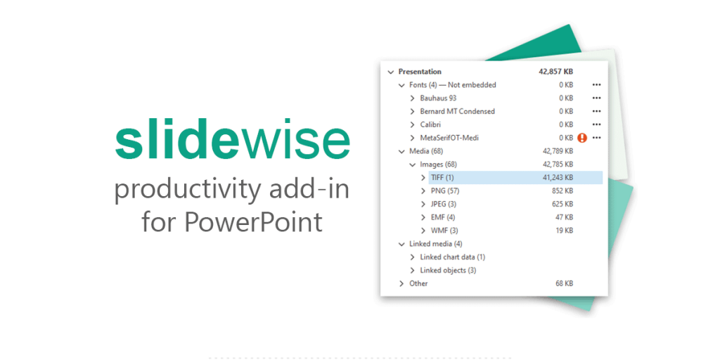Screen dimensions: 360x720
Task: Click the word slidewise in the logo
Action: click(232, 142)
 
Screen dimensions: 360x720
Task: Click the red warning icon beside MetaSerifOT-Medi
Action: click(581, 138)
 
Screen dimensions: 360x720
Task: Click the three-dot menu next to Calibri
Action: click(597, 124)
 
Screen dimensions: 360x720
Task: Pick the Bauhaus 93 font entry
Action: click(438, 98)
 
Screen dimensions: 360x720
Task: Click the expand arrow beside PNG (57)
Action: click(423, 191)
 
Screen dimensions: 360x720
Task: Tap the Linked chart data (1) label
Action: click(452, 257)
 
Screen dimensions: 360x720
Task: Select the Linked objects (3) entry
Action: click(448, 270)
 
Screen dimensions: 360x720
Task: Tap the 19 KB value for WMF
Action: click(564, 231)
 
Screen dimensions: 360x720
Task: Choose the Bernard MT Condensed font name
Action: click(457, 111)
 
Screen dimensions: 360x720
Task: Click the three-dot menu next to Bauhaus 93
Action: click(597, 98)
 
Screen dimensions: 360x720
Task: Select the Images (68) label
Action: click(438, 165)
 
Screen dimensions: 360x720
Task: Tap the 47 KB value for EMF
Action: click(564, 217)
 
